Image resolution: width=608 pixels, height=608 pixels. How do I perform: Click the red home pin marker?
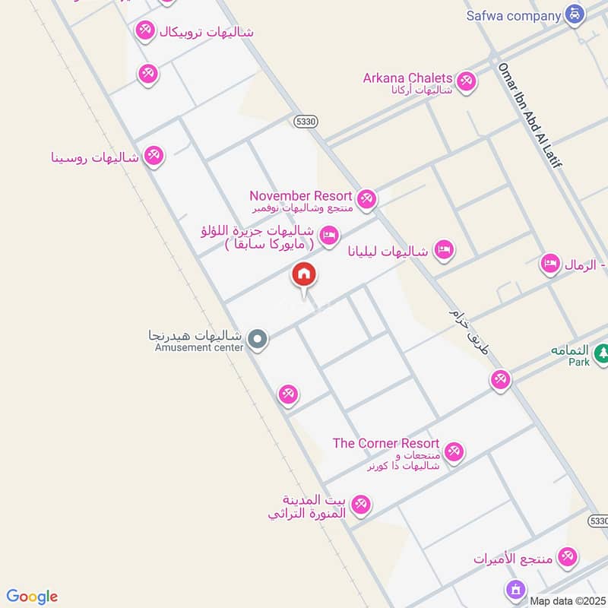point(304,275)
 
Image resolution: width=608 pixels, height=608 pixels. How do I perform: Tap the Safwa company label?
point(514,14)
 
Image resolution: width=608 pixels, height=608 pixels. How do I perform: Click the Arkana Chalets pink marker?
point(465,80)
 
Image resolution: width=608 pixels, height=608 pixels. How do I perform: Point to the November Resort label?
point(300,196)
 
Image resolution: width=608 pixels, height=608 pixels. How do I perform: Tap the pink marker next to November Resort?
point(367,199)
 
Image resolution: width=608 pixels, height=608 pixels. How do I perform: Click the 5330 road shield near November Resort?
point(304,121)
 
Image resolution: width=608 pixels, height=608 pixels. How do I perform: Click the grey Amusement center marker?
point(258,339)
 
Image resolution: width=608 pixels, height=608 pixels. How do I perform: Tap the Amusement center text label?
point(199,348)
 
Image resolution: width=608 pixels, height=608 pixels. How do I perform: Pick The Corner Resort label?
point(386,443)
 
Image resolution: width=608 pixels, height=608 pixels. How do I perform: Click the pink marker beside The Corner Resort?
point(454,451)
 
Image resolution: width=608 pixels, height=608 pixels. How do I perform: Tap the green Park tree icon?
point(602,353)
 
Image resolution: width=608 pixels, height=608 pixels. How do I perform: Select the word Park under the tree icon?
point(579,363)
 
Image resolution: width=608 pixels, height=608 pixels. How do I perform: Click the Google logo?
point(32,597)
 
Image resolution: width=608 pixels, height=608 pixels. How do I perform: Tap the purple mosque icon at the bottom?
point(515,590)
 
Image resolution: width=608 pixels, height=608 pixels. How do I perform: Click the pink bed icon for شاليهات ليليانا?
point(445,250)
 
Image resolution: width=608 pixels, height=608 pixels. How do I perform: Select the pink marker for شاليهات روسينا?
point(154,157)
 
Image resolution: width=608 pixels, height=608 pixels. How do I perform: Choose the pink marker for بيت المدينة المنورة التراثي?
point(361,504)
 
